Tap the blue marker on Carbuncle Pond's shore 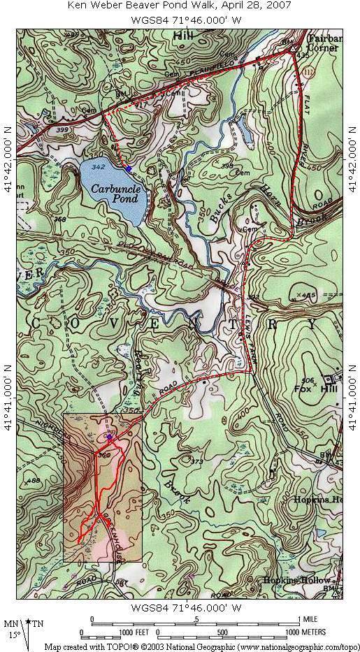128,168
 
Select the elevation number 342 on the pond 98,167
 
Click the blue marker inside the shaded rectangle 109,437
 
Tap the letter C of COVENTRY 35,321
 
